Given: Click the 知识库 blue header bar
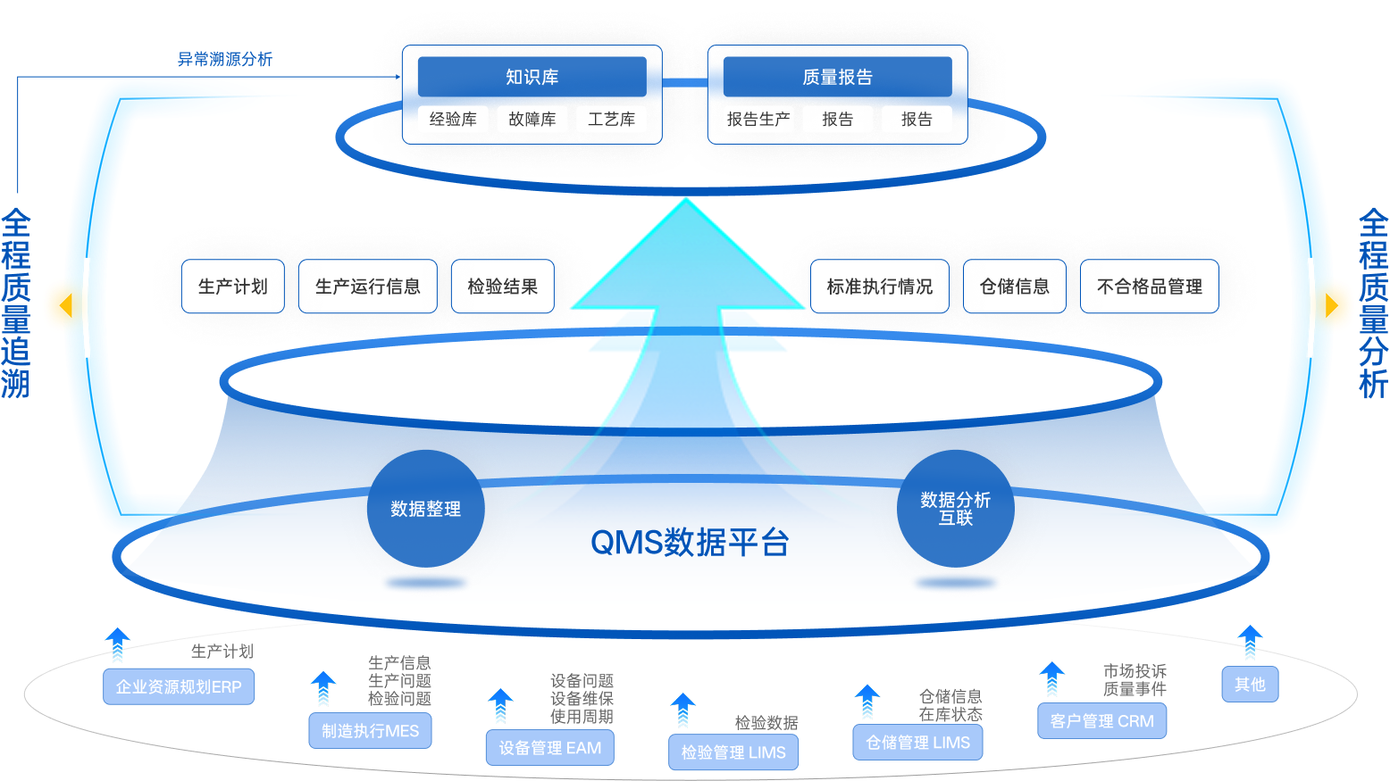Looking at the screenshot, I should pos(532,77).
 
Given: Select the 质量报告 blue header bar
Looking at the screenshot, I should pos(837,77).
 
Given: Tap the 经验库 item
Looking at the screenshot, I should pos(453,119).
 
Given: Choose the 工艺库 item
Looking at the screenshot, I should pos(611,119).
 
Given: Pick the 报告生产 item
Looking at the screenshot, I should pos(758,119).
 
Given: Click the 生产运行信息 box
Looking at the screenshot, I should pos(367,287).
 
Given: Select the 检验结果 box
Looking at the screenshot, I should pos(502,287).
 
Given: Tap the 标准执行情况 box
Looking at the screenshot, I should pos(879,287).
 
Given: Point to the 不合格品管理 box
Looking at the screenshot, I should pos(1149,287).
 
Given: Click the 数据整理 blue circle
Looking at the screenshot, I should pos(425,509).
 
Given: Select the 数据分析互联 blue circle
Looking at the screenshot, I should pos(955,509).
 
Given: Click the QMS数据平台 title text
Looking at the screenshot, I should pos(690,542).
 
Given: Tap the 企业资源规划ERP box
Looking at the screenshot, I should pos(179,686).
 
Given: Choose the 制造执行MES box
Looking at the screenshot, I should pos(370,730).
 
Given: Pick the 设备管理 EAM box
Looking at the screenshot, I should pos(549,748).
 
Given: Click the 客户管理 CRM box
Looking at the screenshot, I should pos(1101,720).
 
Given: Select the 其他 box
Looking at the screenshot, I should pos(1250,684).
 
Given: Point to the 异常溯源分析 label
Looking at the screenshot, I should pos(224,59).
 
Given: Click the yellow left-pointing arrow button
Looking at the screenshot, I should pos(63,306).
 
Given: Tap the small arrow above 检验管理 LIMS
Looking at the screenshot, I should pos(683,710).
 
